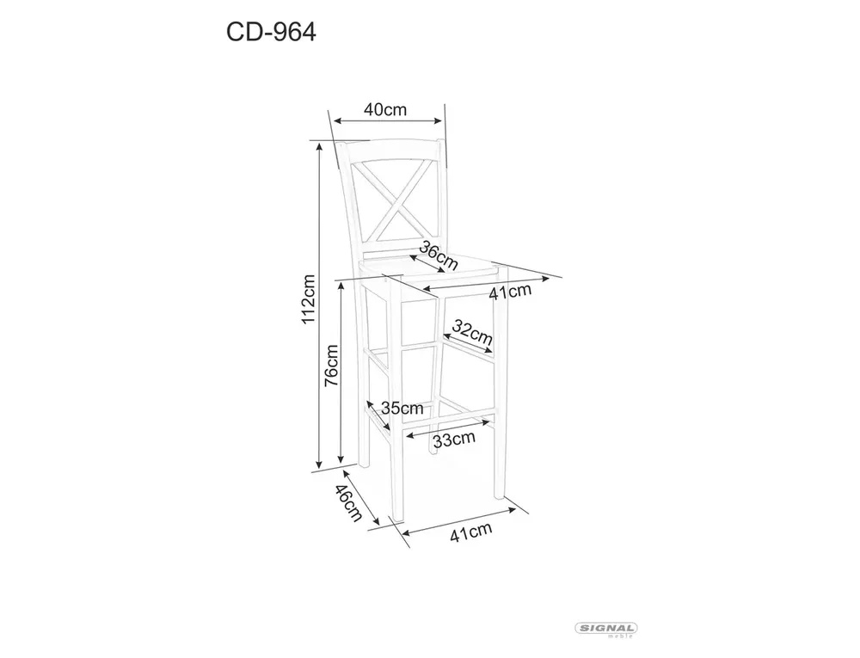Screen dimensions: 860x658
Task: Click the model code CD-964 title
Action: point(271,33)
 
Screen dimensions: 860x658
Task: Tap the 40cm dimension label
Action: point(385,110)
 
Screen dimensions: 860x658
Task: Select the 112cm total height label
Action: point(308,298)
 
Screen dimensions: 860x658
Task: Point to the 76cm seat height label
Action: point(331,366)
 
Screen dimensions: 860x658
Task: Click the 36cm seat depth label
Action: point(438,255)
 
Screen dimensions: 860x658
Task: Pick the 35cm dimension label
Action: point(402,408)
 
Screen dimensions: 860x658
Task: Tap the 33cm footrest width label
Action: point(453,440)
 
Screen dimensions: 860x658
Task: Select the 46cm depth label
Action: point(349,503)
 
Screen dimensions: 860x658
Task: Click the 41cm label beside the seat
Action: point(510,292)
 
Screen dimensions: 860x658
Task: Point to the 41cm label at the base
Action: point(470,532)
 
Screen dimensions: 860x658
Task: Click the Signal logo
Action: point(605,630)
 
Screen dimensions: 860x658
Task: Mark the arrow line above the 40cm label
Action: point(389,121)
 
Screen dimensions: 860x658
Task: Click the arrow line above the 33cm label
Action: point(448,429)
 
